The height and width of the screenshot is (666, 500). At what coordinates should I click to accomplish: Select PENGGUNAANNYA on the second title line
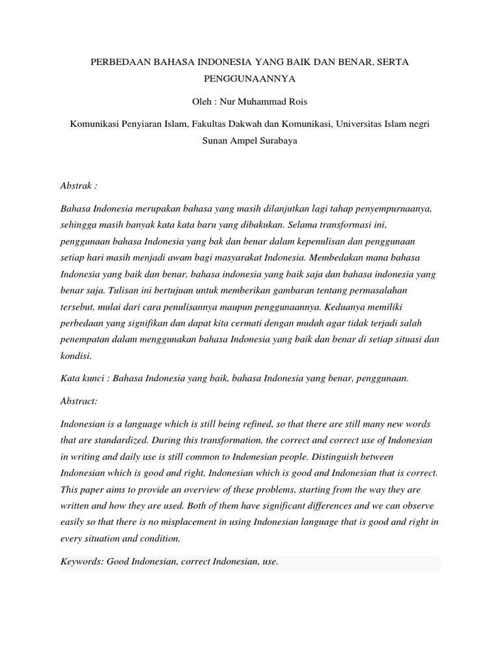(x=250, y=81)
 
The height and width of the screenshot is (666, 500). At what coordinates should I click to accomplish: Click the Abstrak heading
(x=79, y=185)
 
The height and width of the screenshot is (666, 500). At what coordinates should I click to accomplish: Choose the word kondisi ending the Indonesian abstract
(x=77, y=356)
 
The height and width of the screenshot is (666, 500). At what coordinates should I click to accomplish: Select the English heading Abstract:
(x=79, y=401)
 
